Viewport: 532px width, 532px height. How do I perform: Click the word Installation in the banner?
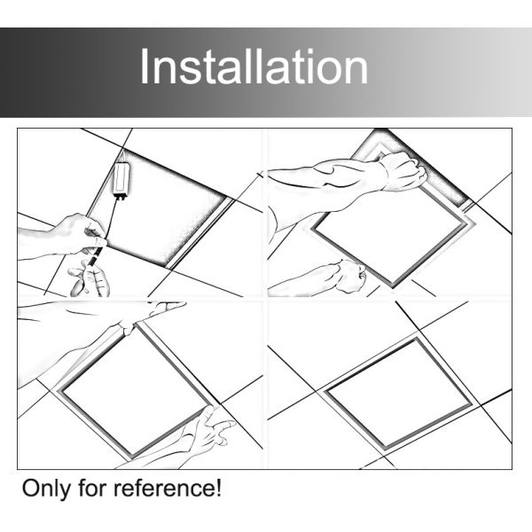[x=254, y=66]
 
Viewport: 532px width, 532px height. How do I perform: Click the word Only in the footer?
[x=46, y=489]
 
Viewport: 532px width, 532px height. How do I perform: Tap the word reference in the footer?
[x=164, y=489]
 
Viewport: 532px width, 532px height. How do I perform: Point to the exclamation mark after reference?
[x=218, y=489]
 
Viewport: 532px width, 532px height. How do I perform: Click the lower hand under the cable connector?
[x=89, y=279]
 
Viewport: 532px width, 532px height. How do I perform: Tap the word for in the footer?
[x=91, y=489]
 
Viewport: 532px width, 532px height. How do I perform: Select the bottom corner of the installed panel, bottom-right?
[x=385, y=450]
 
